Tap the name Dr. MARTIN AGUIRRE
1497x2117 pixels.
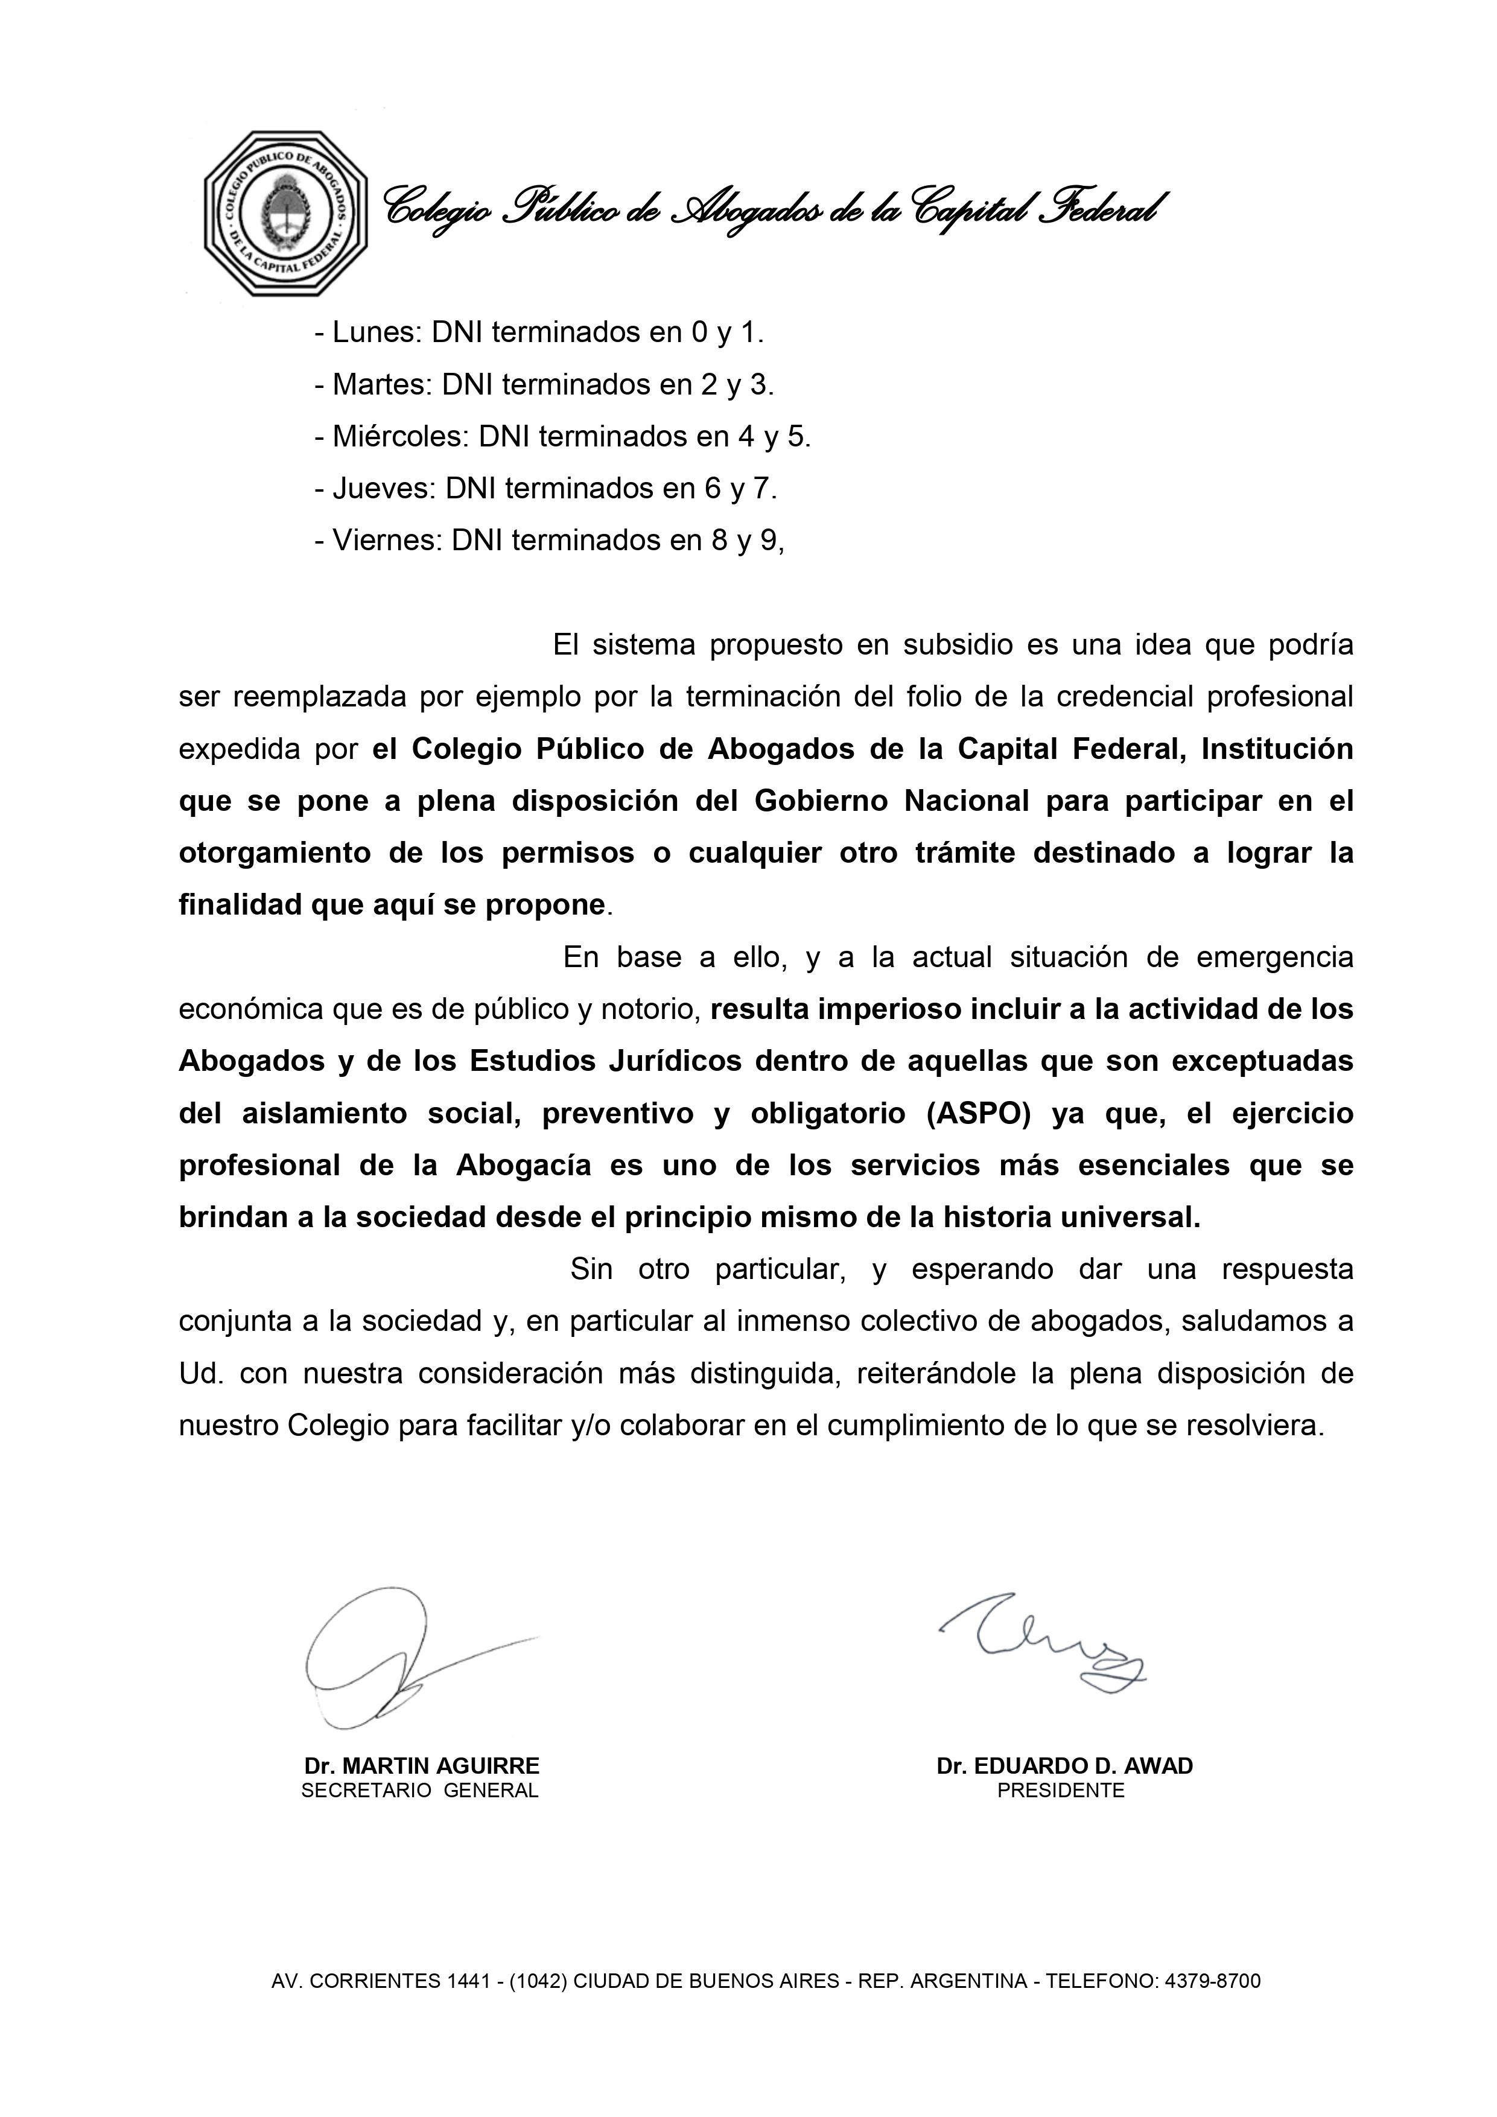point(422,1766)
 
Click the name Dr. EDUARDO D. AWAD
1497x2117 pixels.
point(1064,1766)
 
